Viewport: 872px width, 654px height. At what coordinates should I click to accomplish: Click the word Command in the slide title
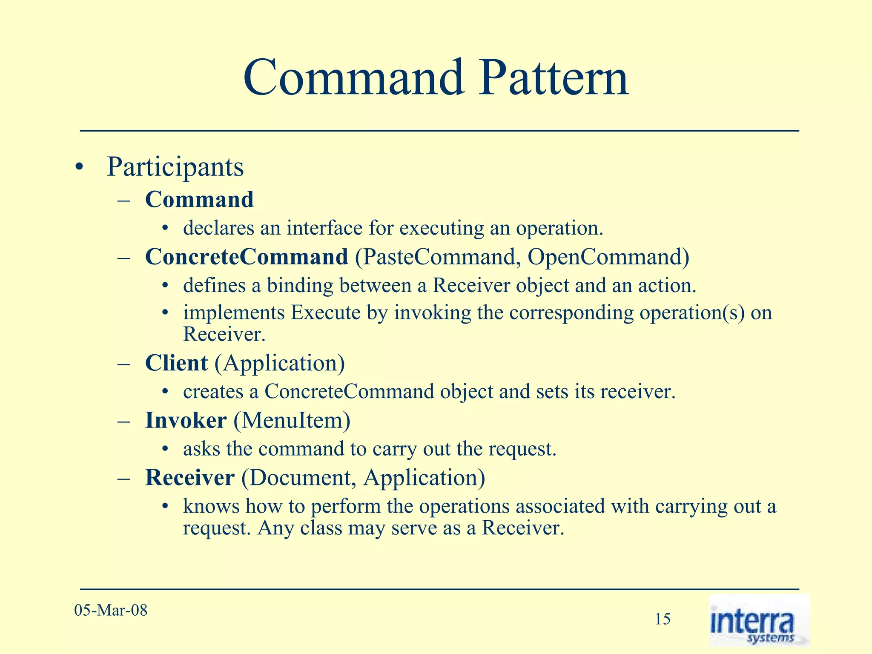pos(353,78)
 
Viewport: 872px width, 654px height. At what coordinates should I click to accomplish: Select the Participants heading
pos(175,167)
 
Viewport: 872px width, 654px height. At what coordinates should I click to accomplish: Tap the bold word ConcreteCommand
pos(247,257)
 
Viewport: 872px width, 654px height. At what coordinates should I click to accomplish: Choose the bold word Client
pos(176,363)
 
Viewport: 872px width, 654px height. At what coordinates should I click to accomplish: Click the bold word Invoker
pos(186,420)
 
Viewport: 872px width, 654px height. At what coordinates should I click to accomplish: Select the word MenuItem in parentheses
pos(292,420)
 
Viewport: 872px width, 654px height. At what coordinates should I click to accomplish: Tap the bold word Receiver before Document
pos(190,477)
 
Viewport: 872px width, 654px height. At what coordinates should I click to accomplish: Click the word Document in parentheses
pos(299,477)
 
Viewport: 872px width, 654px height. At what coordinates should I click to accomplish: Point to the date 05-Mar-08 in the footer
pos(111,610)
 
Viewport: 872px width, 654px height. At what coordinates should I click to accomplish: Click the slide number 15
pos(663,619)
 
